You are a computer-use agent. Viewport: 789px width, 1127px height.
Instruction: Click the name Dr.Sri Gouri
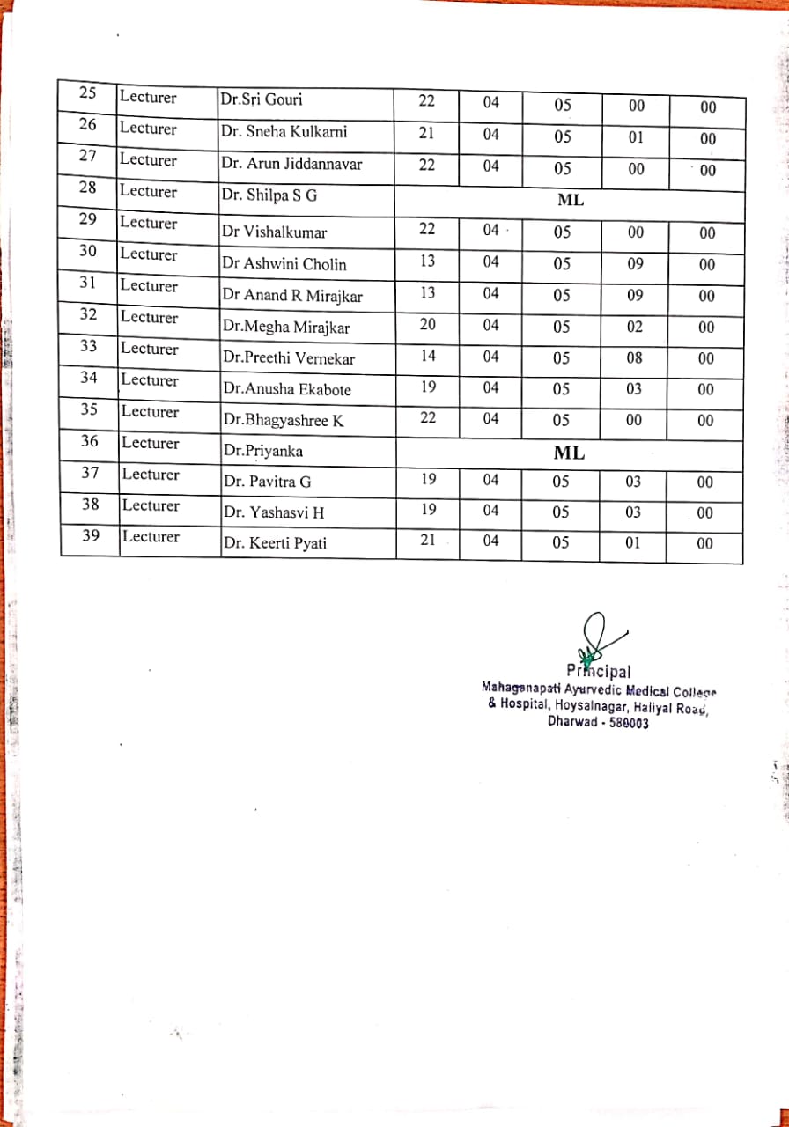pyautogui.click(x=262, y=100)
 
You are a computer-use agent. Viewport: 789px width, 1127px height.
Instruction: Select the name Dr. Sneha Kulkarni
pyautogui.click(x=284, y=132)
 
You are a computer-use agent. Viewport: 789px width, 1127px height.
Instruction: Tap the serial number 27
pyautogui.click(x=88, y=158)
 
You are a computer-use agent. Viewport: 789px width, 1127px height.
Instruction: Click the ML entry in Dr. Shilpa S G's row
pyautogui.click(x=571, y=200)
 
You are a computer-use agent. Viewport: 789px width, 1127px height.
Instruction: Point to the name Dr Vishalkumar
pyautogui.click(x=274, y=233)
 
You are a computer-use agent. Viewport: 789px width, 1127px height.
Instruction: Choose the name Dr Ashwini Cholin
pyautogui.click(x=284, y=264)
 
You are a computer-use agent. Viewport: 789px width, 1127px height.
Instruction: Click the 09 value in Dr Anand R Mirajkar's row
pyautogui.click(x=635, y=296)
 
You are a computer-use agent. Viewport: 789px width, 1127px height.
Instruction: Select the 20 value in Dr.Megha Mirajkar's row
pyautogui.click(x=427, y=324)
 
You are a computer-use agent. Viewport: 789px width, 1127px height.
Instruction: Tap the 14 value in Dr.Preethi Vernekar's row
pyautogui.click(x=427, y=356)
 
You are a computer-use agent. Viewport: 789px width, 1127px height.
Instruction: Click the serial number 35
pyautogui.click(x=90, y=410)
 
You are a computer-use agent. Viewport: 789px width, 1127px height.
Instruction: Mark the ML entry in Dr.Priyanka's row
pyautogui.click(x=569, y=454)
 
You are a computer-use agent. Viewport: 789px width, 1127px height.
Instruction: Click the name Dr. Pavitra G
pyautogui.click(x=267, y=482)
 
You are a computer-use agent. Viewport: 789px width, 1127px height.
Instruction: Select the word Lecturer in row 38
pyautogui.click(x=151, y=506)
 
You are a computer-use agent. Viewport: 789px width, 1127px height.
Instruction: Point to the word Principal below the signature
pyautogui.click(x=599, y=674)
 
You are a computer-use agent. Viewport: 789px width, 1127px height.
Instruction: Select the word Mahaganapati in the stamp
pyautogui.click(x=521, y=688)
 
